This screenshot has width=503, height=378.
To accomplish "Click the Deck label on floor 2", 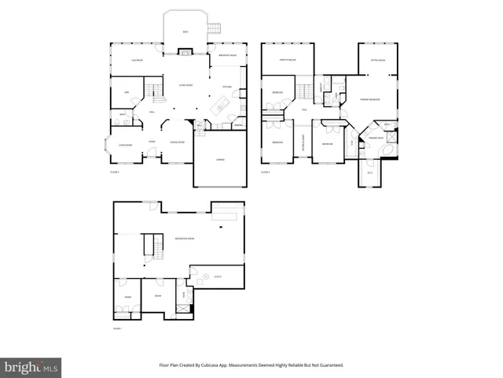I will coord(185,31).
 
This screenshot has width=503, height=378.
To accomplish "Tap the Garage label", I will coord(221,160).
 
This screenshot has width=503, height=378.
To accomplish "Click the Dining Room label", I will coord(178,142).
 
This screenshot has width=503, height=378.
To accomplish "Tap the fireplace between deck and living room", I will coord(185,53).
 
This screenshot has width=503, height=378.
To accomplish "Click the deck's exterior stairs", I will coord(215,30).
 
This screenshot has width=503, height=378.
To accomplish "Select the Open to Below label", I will coord(287,60).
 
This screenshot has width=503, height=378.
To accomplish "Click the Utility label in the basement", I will coord(216,276).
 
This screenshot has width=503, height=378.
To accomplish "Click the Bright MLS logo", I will coord(31,367).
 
